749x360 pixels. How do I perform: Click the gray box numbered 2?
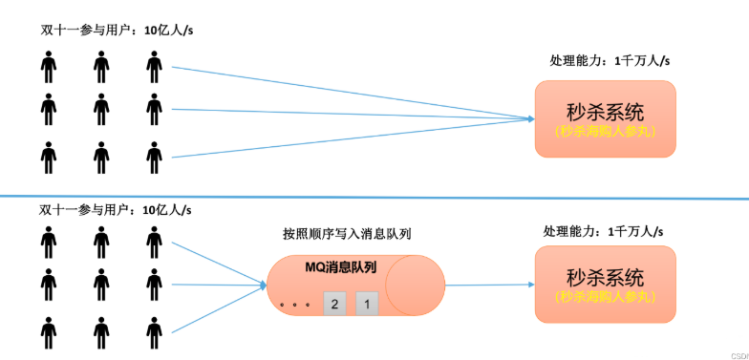click(x=334, y=304)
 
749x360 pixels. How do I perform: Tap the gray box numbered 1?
click(x=368, y=304)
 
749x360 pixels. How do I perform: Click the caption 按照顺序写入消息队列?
click(x=347, y=233)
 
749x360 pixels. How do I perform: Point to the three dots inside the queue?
click(x=295, y=307)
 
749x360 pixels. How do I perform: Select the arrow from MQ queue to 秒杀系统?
click(x=487, y=284)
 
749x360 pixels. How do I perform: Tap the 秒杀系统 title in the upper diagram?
click(x=606, y=110)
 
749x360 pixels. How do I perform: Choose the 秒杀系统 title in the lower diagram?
click(x=606, y=276)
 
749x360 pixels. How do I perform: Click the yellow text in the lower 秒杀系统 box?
click(x=606, y=296)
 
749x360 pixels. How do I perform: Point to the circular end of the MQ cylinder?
click(x=416, y=284)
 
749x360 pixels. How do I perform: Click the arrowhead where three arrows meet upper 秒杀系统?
click(x=528, y=118)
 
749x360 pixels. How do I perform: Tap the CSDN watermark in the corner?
click(x=738, y=353)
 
